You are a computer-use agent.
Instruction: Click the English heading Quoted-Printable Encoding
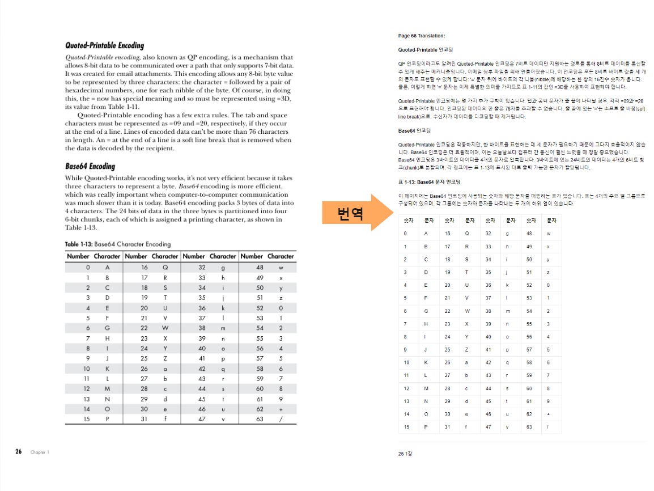(x=104, y=45)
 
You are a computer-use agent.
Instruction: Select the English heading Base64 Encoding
(x=90, y=166)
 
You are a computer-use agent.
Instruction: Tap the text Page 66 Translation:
(x=422, y=36)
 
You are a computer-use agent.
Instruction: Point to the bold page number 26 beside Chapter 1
(x=19, y=452)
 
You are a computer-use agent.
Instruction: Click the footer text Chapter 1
(x=40, y=452)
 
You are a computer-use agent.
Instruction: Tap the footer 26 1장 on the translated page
(x=406, y=453)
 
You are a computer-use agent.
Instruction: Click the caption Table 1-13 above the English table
(x=117, y=244)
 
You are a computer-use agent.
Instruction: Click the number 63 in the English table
(x=260, y=419)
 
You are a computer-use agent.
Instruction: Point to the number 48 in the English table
(x=260, y=266)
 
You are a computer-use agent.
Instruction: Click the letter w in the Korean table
(x=548, y=233)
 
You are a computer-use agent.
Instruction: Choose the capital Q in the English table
(x=165, y=266)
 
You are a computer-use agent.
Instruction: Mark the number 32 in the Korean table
(x=488, y=233)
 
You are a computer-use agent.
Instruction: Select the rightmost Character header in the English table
(x=281, y=256)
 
